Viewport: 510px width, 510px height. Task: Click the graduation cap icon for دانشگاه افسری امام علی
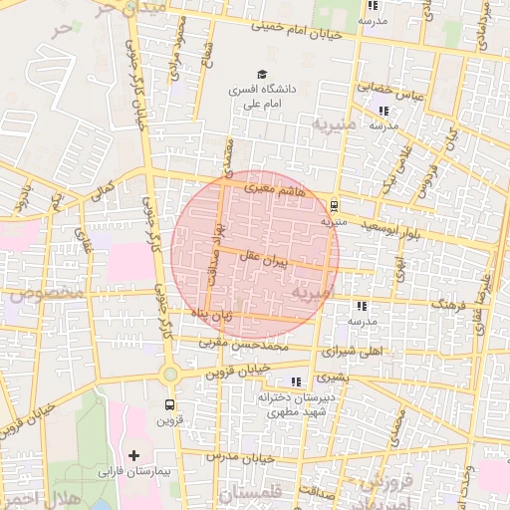pyautogui.click(x=262, y=75)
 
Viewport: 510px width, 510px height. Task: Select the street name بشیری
pyautogui.click(x=336, y=378)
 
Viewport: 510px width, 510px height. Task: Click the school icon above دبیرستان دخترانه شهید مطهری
pyautogui.click(x=296, y=382)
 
